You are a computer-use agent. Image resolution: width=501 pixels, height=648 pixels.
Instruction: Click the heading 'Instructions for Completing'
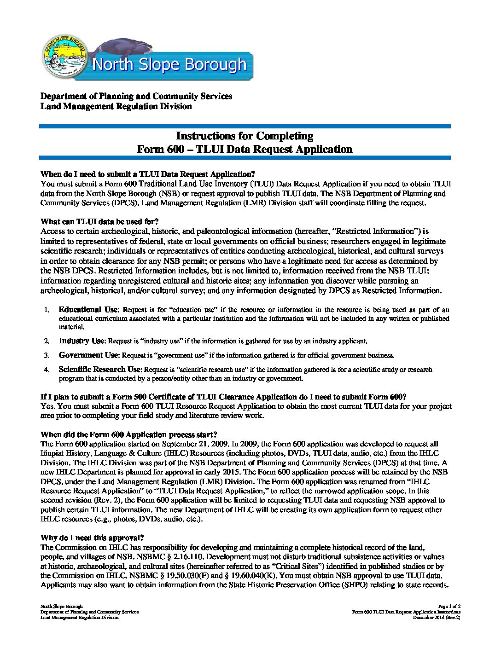click(x=245, y=136)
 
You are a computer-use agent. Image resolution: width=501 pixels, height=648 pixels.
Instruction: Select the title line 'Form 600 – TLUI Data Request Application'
click(x=245, y=149)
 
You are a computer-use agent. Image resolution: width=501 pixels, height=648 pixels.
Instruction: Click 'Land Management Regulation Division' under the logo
click(x=116, y=106)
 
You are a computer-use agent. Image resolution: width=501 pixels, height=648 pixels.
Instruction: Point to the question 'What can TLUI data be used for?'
click(x=99, y=222)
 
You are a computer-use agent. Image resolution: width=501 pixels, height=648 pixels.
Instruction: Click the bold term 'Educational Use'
click(x=88, y=310)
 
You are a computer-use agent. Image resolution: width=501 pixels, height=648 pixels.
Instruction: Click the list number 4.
click(x=47, y=370)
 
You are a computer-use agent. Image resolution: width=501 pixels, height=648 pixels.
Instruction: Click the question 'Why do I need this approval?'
click(x=92, y=538)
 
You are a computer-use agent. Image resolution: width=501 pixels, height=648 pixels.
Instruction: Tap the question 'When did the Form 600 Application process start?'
click(x=128, y=434)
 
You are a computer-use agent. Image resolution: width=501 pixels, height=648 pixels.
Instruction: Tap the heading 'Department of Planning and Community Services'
click(x=136, y=96)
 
